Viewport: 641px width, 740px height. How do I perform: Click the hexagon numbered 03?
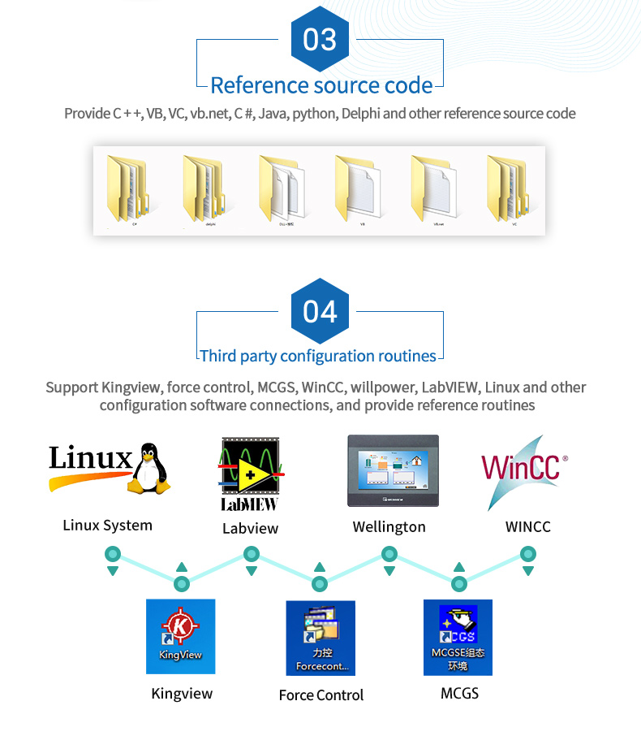[320, 38]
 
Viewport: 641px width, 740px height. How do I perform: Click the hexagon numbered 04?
[320, 311]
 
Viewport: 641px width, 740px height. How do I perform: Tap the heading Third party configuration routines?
[318, 356]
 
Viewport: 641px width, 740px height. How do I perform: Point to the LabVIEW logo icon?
[250, 474]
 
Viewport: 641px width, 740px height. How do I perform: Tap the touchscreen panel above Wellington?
[393, 472]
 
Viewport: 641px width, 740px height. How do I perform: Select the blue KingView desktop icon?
[180, 636]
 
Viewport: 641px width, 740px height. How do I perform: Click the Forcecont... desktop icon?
[320, 638]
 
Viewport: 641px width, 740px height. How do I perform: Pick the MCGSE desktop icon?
[458, 638]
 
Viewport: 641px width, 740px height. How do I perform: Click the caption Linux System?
[108, 526]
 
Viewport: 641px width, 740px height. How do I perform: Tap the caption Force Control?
[321, 695]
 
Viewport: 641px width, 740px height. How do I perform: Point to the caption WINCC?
[527, 527]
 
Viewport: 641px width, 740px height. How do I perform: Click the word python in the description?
[313, 114]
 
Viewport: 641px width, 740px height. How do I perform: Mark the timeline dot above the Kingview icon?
[182, 583]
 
